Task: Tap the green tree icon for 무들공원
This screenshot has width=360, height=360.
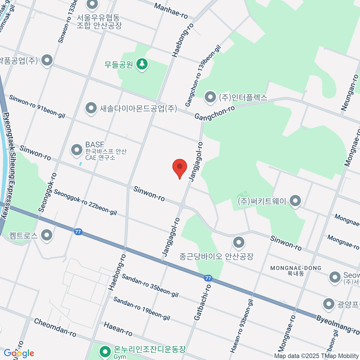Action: coord(142,64)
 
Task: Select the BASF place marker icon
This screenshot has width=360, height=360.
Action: coord(76,149)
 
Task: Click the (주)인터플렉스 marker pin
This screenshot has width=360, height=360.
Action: coord(210,97)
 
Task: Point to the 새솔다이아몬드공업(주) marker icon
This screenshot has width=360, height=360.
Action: coord(91,108)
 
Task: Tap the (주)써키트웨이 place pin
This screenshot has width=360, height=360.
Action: coord(295,201)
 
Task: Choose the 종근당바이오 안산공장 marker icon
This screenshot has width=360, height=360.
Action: coord(238,243)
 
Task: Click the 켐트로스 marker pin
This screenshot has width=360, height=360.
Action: coord(46,235)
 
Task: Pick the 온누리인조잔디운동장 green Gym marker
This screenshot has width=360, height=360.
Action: coord(105,351)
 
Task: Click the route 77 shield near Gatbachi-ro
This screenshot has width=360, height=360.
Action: coord(208,278)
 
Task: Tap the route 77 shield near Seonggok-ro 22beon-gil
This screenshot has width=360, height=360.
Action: coord(78,232)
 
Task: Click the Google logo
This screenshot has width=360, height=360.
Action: coord(19,353)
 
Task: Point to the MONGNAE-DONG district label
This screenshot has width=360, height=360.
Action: coord(295,268)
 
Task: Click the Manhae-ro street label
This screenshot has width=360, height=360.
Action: coord(171,11)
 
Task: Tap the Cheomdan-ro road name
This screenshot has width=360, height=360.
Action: coord(55,328)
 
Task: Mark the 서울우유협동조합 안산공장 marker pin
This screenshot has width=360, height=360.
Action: coord(92,4)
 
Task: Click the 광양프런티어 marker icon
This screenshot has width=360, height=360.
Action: coord(328,304)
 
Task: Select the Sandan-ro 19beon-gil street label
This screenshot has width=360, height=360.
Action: coord(142,308)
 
